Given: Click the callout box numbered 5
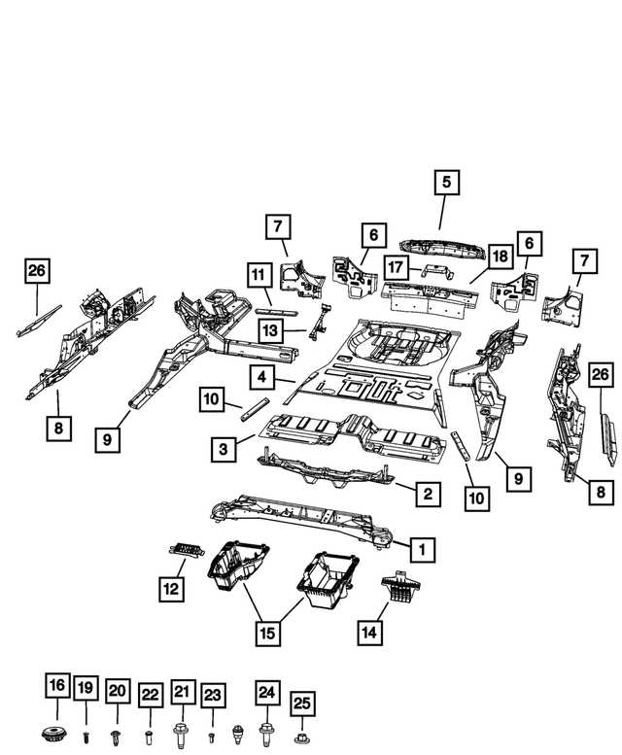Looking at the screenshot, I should [446, 182].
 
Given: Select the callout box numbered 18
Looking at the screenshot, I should [500, 257].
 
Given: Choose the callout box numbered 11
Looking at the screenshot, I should [259, 275].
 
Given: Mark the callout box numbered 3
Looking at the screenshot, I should [225, 448].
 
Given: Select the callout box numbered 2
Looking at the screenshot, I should [426, 495].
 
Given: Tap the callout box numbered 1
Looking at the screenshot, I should [422, 550].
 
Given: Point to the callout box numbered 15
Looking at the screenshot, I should [266, 634].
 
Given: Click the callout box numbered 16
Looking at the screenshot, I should [57, 686].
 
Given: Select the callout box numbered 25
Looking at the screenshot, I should [302, 702].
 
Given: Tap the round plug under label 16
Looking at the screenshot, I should [57, 732].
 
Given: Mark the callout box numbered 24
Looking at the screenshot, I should [266, 692].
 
